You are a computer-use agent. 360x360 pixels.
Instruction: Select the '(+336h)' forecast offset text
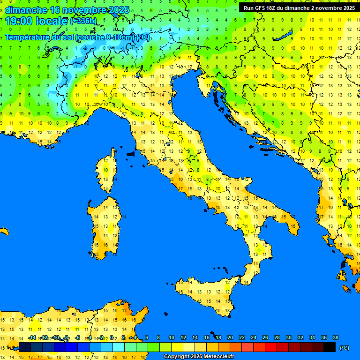[83, 21]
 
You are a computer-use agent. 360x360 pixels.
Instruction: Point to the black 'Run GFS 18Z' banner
[299, 7]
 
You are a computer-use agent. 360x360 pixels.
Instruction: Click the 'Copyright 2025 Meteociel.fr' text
[199, 357]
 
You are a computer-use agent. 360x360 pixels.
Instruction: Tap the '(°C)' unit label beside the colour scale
[344, 348]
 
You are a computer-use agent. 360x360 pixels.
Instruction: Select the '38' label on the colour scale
[335, 337]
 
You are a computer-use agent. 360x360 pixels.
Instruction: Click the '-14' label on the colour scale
[32, 337]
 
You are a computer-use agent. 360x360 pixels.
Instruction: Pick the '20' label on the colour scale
[230, 337]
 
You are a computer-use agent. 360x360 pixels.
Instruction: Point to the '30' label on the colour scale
[288, 337]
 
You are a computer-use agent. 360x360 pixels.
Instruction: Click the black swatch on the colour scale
[330, 347]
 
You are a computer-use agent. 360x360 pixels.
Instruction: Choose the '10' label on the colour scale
[171, 337]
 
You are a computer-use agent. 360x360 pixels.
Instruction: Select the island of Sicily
[206, 293]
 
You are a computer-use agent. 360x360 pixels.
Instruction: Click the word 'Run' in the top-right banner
[248, 7]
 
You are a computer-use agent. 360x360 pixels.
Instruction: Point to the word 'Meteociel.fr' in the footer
[217, 357]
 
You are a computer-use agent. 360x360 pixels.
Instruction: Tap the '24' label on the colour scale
[253, 337]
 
